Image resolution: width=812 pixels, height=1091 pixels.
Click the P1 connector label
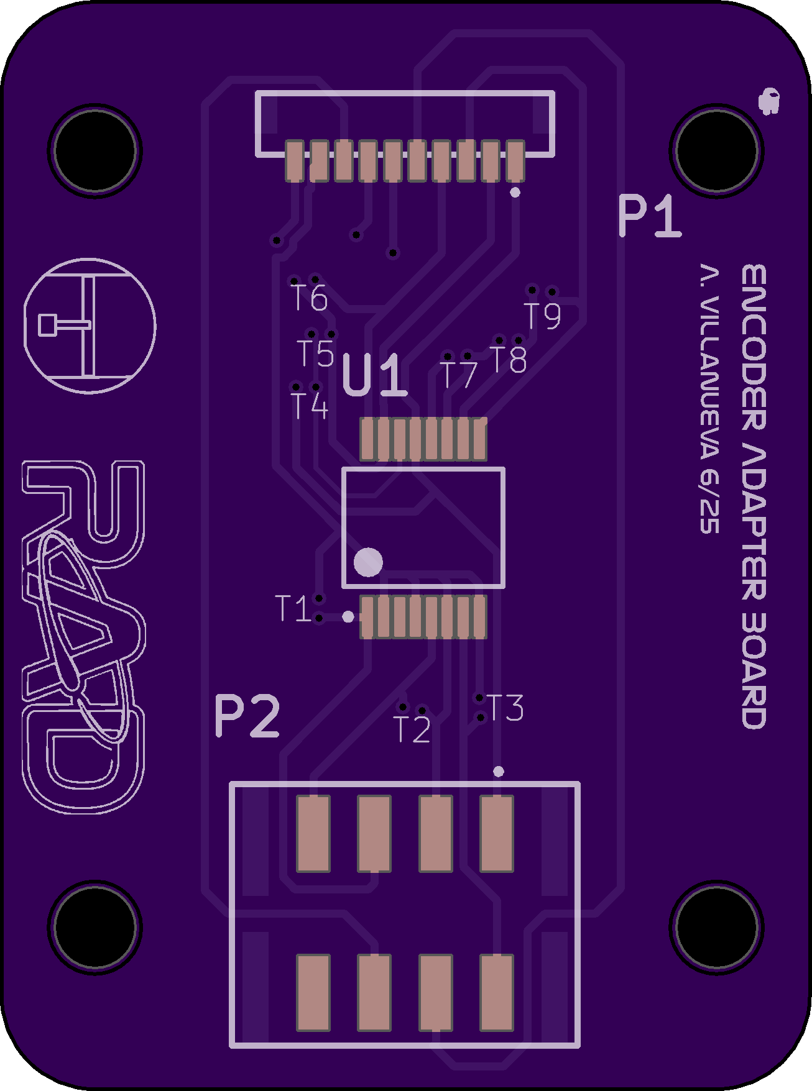coord(650,216)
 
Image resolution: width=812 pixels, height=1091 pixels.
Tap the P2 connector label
coord(247,716)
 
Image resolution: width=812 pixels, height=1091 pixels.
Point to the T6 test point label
coord(310,298)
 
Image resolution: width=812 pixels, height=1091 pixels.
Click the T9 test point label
coord(543,316)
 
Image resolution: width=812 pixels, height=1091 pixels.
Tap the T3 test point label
coord(505,708)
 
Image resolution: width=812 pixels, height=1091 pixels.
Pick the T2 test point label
coord(412,729)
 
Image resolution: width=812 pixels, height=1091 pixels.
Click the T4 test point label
coord(310,406)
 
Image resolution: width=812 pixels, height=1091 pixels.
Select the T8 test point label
coord(509,360)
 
